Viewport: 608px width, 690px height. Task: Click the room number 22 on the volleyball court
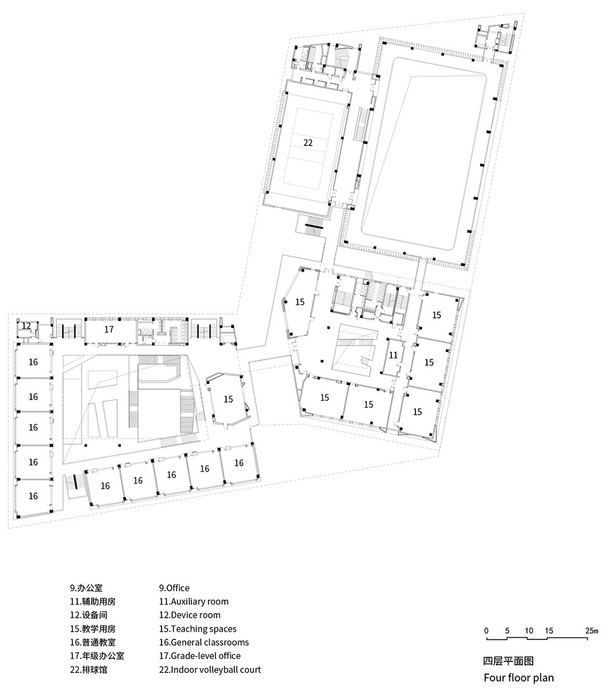tap(308, 142)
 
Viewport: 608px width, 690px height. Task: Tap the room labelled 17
tap(109, 329)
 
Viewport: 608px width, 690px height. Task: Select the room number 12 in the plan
tap(27, 325)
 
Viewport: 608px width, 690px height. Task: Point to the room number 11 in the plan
tap(393, 355)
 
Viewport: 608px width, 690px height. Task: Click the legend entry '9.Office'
tap(174, 588)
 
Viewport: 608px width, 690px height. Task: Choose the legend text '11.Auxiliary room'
tap(194, 601)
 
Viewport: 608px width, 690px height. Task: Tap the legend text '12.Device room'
tap(190, 615)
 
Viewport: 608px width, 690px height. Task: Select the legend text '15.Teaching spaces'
tap(198, 629)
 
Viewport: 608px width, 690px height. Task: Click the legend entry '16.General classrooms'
tap(204, 643)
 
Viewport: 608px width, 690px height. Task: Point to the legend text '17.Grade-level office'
tap(200, 656)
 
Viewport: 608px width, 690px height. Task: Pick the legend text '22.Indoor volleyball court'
tap(210, 670)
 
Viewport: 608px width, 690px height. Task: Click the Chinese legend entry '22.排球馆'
tap(89, 670)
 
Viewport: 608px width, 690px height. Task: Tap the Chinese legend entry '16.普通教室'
tap(92, 643)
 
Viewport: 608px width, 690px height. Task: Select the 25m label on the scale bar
tap(592, 630)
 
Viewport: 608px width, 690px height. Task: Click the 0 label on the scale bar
tap(486, 630)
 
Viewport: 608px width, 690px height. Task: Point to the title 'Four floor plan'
tap(519, 678)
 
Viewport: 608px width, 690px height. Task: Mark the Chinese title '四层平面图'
tap(509, 661)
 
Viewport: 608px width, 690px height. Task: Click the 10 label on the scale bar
tap(529, 630)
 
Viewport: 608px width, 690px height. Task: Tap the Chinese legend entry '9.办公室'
tap(86, 588)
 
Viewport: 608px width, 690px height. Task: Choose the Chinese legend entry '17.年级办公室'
tap(97, 656)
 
